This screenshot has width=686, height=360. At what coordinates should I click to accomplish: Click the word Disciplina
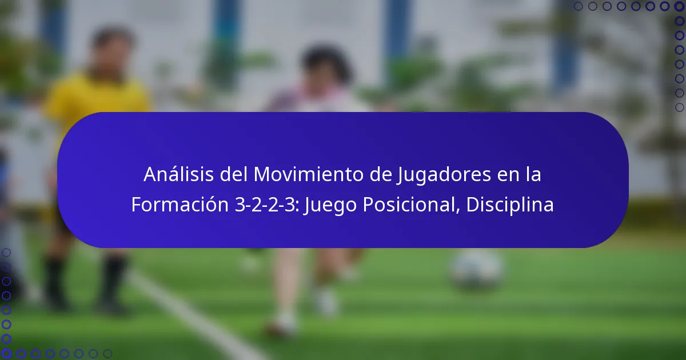coord(510,205)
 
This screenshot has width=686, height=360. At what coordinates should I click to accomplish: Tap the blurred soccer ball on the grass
coord(477,269)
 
